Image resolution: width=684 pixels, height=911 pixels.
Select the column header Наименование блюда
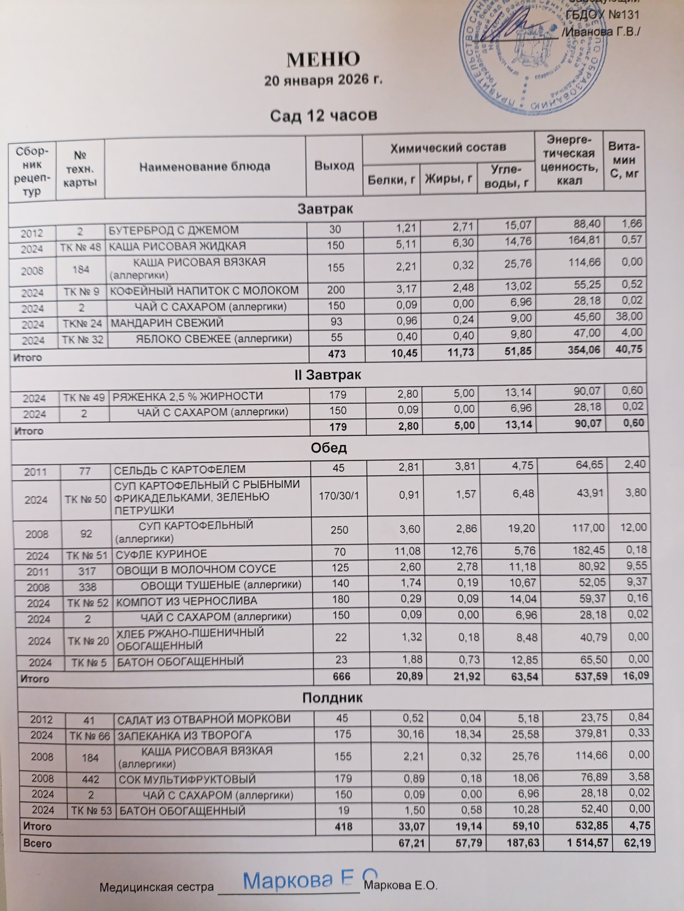205,167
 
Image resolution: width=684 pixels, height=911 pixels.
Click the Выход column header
334,165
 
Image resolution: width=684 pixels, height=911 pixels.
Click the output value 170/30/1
339,495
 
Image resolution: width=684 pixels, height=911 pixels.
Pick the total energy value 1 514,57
587,843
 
